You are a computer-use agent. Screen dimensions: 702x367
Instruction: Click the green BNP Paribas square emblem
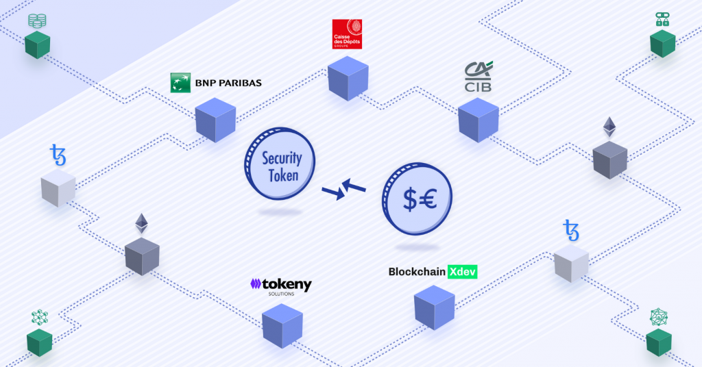coord(180,83)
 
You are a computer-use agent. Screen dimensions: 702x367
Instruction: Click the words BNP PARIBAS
coord(228,83)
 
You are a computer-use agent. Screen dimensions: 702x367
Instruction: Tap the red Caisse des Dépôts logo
coord(347,34)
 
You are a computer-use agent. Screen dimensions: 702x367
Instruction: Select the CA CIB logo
coord(478,77)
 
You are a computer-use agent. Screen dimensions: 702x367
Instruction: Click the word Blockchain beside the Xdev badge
coord(417,272)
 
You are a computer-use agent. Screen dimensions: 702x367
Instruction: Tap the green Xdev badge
coord(463,272)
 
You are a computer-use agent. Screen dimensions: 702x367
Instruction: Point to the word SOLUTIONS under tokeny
coord(281,294)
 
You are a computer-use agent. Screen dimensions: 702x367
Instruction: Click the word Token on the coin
coord(283,176)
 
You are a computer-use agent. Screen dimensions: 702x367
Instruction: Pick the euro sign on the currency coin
coord(428,199)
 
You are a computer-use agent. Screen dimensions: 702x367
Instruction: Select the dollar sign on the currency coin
coord(410,199)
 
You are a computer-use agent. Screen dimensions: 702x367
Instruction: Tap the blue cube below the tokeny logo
coord(282,325)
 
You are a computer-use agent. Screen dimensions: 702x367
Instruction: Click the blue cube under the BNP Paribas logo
coord(215,120)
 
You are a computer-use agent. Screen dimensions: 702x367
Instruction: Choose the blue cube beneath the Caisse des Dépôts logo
coord(348,78)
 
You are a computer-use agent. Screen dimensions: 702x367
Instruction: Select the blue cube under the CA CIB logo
coord(478,120)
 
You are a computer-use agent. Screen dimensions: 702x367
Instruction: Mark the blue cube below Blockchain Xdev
coord(434,307)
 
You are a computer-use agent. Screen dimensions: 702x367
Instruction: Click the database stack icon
coord(37,21)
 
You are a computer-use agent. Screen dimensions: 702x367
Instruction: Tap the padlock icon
coord(663,19)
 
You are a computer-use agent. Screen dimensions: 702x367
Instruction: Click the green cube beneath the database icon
coord(37,45)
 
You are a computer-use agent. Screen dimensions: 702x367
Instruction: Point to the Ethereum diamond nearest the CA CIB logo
coord(609,127)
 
